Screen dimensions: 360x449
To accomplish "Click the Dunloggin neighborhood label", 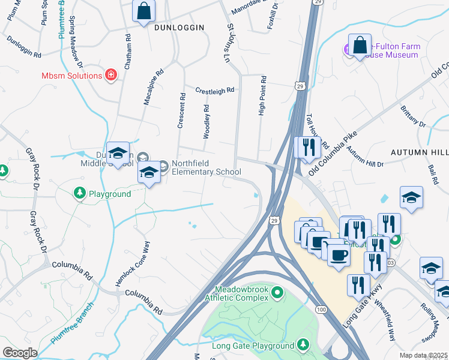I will click(179, 28).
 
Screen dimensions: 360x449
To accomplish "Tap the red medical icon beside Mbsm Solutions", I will click(110, 76).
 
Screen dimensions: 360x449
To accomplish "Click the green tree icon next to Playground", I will click(79, 193).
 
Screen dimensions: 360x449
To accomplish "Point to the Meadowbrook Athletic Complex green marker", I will click(277, 293).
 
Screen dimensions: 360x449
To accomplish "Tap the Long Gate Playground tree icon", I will click(303, 345).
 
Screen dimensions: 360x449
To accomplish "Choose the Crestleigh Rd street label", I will click(214, 91).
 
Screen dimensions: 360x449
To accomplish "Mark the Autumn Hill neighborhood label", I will click(419, 153).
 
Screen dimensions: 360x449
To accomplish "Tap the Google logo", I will click(19, 353).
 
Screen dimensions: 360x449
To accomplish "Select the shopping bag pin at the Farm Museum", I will click(359, 45).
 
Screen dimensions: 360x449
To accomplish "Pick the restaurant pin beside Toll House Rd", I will click(309, 147).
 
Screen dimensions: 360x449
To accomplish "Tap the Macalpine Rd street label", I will click(154, 87).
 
